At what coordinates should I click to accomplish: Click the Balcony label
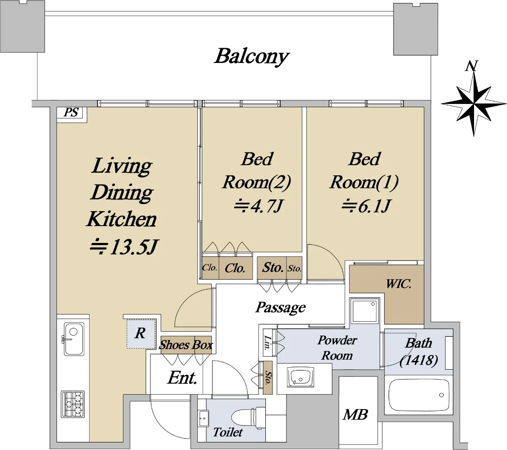pyautogui.click(x=252, y=57)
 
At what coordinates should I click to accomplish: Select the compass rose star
pyautogui.click(x=474, y=104)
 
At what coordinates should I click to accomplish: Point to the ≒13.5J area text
pyautogui.click(x=124, y=246)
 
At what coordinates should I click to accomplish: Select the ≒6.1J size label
pyautogui.click(x=365, y=205)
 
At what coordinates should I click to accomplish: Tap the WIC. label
pyautogui.click(x=398, y=284)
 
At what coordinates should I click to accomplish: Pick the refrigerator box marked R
pyautogui.click(x=141, y=334)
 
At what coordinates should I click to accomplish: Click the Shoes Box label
pyautogui.click(x=186, y=345)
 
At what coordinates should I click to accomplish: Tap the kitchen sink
pyautogui.click(x=74, y=339)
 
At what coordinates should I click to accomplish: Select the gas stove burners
pyautogui.click(x=73, y=404)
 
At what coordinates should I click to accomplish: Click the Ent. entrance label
pyautogui.click(x=182, y=378)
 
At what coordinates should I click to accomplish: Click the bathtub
pyautogui.click(x=418, y=395)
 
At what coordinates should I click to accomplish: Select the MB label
pyautogui.click(x=355, y=415)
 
